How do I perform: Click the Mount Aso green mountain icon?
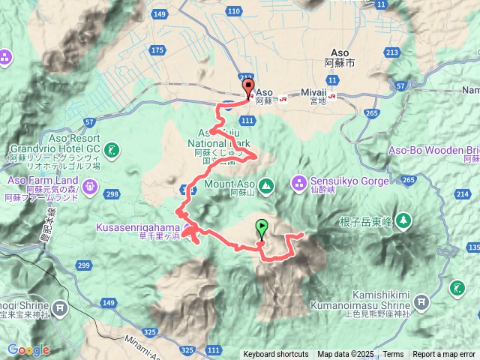[x=266, y=184]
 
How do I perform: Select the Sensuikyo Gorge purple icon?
[x=298, y=181]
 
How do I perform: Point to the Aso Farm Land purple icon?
[x=90, y=186]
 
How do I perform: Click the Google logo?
[x=28, y=349]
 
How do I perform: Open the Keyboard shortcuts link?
[x=275, y=355]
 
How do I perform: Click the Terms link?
[x=393, y=355]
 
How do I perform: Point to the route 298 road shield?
[x=113, y=195]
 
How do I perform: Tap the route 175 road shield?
[x=157, y=50]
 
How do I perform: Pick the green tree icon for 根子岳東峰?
[x=403, y=220]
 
